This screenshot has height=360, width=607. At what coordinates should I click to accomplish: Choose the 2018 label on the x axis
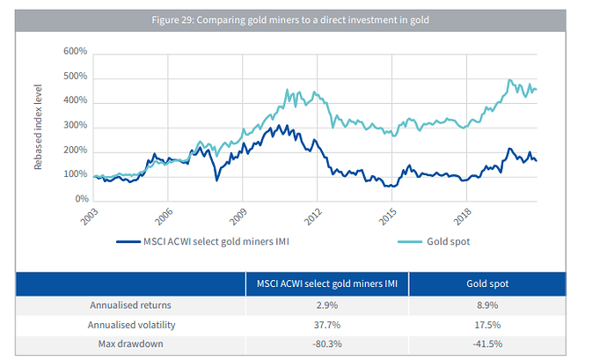(x=461, y=218)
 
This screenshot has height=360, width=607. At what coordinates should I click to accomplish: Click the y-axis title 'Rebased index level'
(x=39, y=127)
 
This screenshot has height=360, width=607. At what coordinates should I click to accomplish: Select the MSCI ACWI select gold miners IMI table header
(x=326, y=285)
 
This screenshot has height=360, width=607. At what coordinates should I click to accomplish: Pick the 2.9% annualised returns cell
(x=326, y=306)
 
